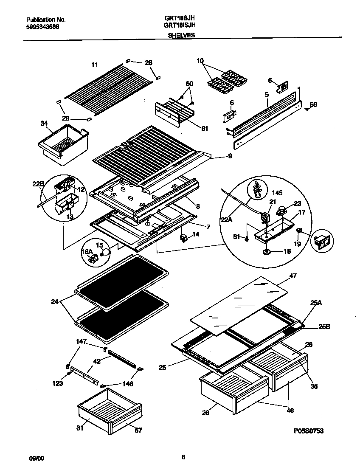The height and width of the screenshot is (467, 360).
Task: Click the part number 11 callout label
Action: (x=94, y=65)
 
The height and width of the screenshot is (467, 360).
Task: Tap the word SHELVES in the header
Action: (x=181, y=36)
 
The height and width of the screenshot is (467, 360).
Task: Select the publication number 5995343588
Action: (x=42, y=26)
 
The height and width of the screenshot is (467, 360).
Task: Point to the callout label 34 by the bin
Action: (x=44, y=124)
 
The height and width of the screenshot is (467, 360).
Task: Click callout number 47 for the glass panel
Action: (x=292, y=276)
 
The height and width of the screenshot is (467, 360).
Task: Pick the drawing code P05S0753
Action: (x=309, y=431)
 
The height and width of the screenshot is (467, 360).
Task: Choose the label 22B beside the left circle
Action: (x=38, y=183)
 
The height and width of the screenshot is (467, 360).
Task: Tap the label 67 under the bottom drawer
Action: (x=138, y=430)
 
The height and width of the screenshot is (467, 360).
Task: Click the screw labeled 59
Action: (x=307, y=109)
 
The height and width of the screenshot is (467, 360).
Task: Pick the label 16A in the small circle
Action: (x=87, y=252)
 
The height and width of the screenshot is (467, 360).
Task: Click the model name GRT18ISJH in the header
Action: (x=179, y=25)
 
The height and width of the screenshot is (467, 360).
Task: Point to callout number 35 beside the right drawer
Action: (x=314, y=386)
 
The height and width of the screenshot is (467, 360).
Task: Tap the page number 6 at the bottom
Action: (x=183, y=457)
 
